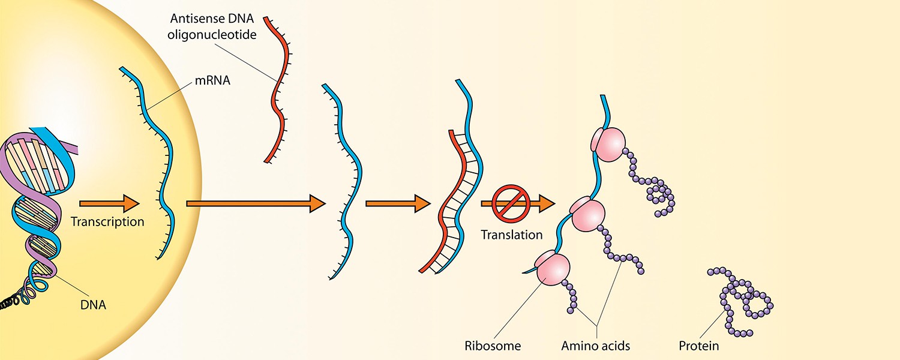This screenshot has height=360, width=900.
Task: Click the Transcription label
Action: (107, 222)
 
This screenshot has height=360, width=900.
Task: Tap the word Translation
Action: (511, 235)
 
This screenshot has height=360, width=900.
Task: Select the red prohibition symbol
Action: (510, 204)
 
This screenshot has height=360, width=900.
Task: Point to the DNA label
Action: (93, 305)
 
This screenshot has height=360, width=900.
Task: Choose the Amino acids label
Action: (596, 346)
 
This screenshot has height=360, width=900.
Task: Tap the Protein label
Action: (698, 346)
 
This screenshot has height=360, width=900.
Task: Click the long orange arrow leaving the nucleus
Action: (256, 204)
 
